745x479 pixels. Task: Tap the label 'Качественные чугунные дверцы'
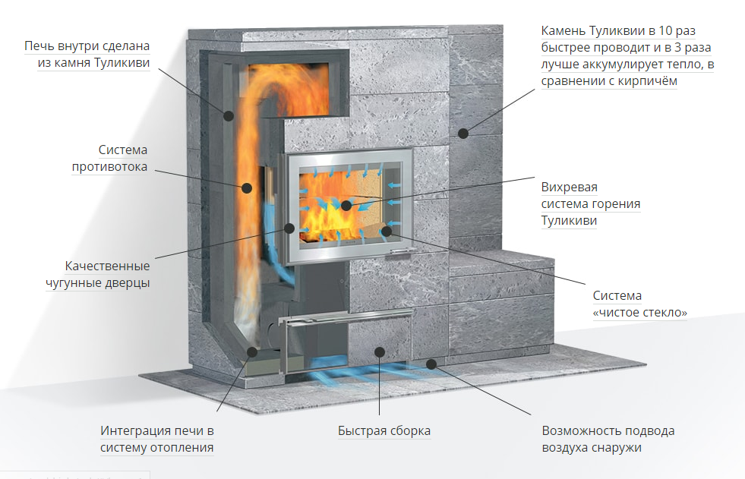pos(107,274)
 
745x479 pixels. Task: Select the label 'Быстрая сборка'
pos(384,431)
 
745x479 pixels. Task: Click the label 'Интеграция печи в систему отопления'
pos(157,439)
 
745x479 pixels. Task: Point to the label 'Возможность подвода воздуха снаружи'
pos(608,439)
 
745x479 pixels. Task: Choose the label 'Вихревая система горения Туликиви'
pos(591,203)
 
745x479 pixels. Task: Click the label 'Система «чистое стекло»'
pos(639,304)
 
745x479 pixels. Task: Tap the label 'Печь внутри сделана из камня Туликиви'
pos(86,55)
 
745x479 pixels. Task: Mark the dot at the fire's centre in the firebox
pos(346,205)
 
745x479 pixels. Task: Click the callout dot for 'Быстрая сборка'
pos(380,351)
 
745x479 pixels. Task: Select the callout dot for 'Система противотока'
pos(246,187)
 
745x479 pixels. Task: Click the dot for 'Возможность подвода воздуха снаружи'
pos(431,364)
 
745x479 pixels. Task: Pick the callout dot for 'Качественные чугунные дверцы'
pos(289,227)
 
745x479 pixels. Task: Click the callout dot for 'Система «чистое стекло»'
pos(386,229)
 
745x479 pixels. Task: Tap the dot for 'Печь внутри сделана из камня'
pos(229,115)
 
